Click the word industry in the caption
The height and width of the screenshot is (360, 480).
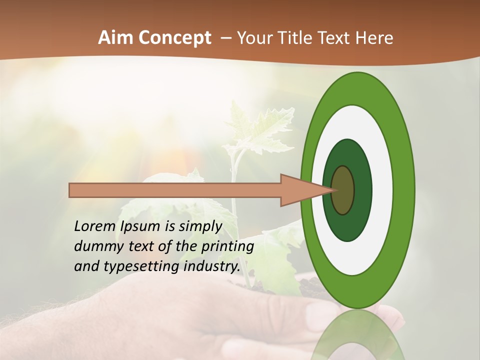[210, 266]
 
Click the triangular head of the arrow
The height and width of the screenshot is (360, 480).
[300, 190]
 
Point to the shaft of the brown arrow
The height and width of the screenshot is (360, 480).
[175, 190]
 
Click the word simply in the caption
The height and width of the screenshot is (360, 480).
[200, 226]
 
